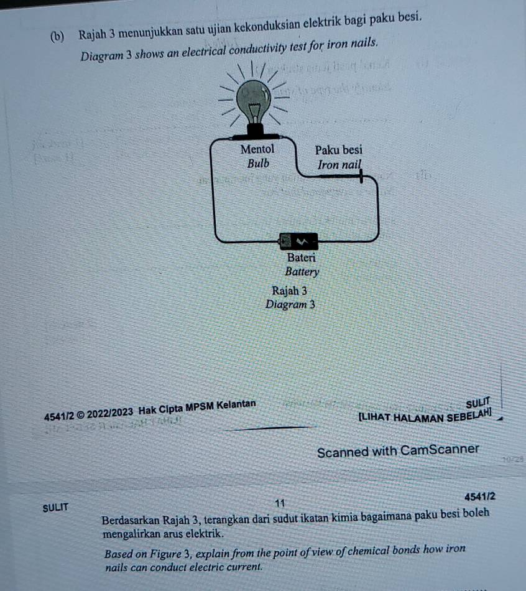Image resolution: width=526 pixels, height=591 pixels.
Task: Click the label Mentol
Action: coord(257,149)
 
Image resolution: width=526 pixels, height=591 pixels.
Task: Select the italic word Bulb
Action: coord(258,164)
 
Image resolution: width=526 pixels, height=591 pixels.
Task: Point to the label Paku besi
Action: coord(338,150)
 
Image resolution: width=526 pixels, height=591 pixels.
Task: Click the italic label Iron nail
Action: coord(339,165)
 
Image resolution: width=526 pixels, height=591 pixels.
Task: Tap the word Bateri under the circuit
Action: coord(302,257)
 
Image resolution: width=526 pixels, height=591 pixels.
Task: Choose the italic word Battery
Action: coord(302,272)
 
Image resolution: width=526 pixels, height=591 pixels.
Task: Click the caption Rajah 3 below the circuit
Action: coord(289,291)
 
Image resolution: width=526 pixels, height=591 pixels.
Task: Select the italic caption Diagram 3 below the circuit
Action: coord(290,305)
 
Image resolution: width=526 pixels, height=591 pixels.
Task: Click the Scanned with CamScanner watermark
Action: coord(398,450)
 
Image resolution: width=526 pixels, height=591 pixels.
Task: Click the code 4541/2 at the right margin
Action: coord(479,496)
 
